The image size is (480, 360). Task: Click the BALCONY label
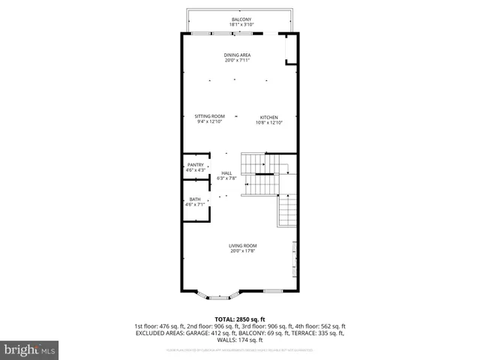[x=241, y=19]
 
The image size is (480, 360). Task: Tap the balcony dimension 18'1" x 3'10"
[x=241, y=25]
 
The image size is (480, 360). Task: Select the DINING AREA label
[x=237, y=55]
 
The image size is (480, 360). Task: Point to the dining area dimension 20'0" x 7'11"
[x=237, y=61]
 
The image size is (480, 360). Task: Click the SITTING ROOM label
[x=210, y=116]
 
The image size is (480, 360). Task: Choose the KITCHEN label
[x=269, y=118]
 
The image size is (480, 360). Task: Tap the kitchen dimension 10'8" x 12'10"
[x=269, y=123]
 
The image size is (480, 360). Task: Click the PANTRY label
[x=196, y=165]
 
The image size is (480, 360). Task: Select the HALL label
[x=226, y=172]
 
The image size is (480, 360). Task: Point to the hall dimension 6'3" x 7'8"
[x=226, y=178]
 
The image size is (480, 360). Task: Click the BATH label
[x=195, y=199]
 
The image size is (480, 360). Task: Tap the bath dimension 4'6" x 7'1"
[x=195, y=204]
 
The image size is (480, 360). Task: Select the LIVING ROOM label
[x=243, y=245]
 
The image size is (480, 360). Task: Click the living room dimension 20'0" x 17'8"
[x=243, y=251]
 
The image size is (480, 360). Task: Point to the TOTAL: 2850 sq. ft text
[x=240, y=319]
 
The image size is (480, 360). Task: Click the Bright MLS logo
[x=29, y=349]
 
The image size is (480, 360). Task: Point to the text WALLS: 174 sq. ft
[x=240, y=339]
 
